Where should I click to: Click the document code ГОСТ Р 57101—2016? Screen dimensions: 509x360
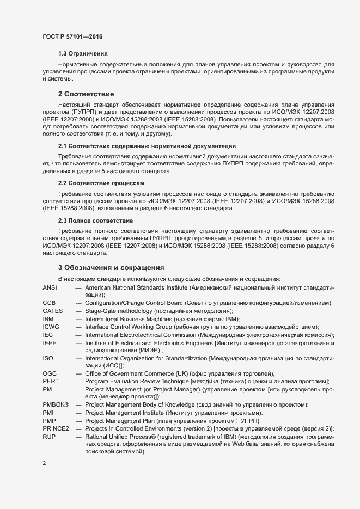tap(72, 36)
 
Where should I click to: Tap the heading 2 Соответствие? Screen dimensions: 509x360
tap(86, 94)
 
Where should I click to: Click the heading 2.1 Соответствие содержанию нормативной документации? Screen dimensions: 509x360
tap(147, 146)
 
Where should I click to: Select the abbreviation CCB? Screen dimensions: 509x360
tap(49, 303)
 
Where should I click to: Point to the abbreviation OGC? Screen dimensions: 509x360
tap(50, 373)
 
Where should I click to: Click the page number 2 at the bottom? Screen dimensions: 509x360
tap(44, 463)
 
